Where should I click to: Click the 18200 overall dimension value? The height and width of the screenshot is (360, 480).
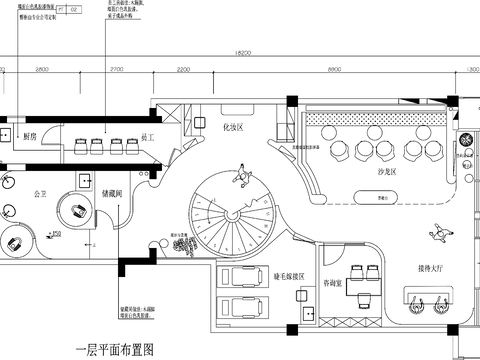tap(242, 53)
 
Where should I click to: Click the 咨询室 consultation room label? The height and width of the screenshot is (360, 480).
tap(337, 285)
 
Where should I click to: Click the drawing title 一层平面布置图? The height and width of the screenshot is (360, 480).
tap(115, 349)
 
